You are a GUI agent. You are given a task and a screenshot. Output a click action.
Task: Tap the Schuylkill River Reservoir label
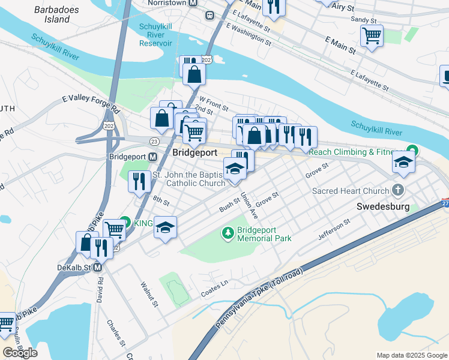tap(155, 35)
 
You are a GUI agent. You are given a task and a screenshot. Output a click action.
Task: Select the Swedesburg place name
tap(383, 206)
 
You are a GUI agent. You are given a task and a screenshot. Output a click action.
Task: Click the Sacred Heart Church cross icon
tap(397, 191)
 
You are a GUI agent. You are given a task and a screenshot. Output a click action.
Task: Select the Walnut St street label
tap(148, 295)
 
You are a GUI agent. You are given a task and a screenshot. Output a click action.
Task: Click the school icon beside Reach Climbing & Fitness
tap(404, 162)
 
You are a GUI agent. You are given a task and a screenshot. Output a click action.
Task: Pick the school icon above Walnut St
tap(165, 227)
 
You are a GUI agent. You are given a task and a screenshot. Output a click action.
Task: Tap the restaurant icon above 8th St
tap(139, 181)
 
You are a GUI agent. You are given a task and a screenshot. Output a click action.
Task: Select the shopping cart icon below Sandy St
tap(372, 35)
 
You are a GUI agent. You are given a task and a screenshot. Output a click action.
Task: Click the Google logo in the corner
tap(20, 353)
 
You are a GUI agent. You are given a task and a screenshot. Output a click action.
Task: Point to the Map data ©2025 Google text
tap(411, 355)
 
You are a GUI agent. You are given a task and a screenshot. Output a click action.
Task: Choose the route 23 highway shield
tap(154, 141)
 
